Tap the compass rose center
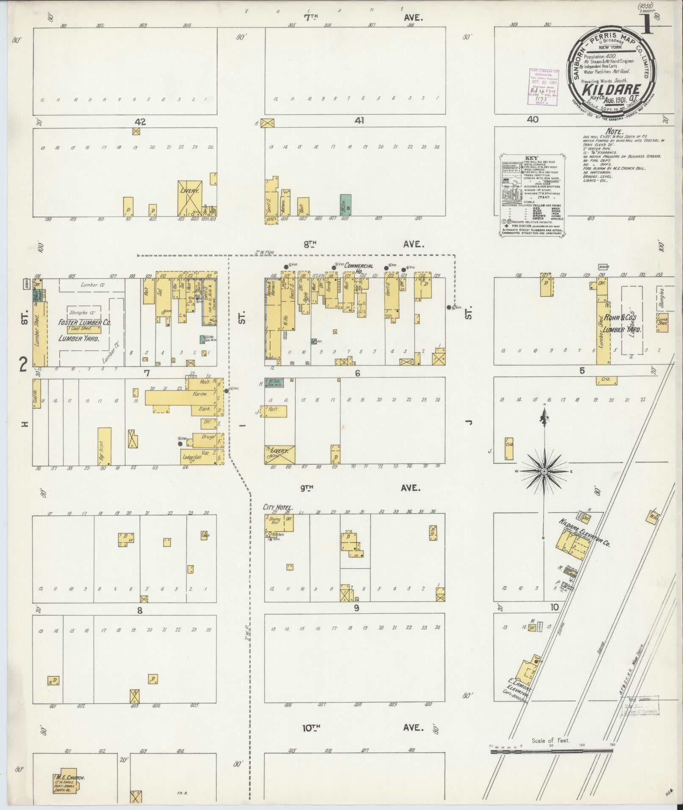click(x=544, y=471)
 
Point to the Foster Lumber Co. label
click(x=85, y=323)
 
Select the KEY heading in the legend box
click(x=531, y=158)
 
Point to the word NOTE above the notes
click(x=615, y=132)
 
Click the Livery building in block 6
click(x=280, y=454)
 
